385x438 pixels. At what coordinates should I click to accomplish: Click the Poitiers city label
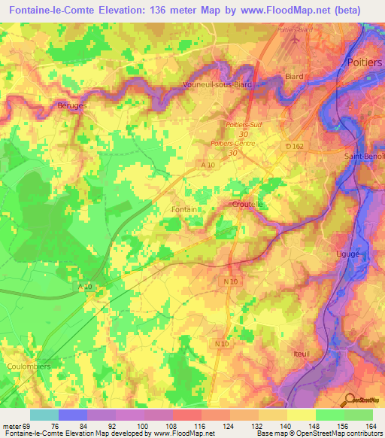tap(364, 62)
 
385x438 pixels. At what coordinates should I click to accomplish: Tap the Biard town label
tap(294, 77)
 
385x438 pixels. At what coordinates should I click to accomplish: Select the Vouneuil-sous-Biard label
tap(217, 85)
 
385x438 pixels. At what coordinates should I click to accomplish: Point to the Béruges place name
tap(72, 107)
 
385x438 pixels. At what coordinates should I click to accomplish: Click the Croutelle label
tap(247, 204)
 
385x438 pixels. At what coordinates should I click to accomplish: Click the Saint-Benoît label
tap(365, 157)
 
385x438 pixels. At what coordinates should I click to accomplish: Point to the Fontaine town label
tap(184, 209)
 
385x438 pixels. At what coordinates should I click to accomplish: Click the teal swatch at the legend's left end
tap(44, 415)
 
